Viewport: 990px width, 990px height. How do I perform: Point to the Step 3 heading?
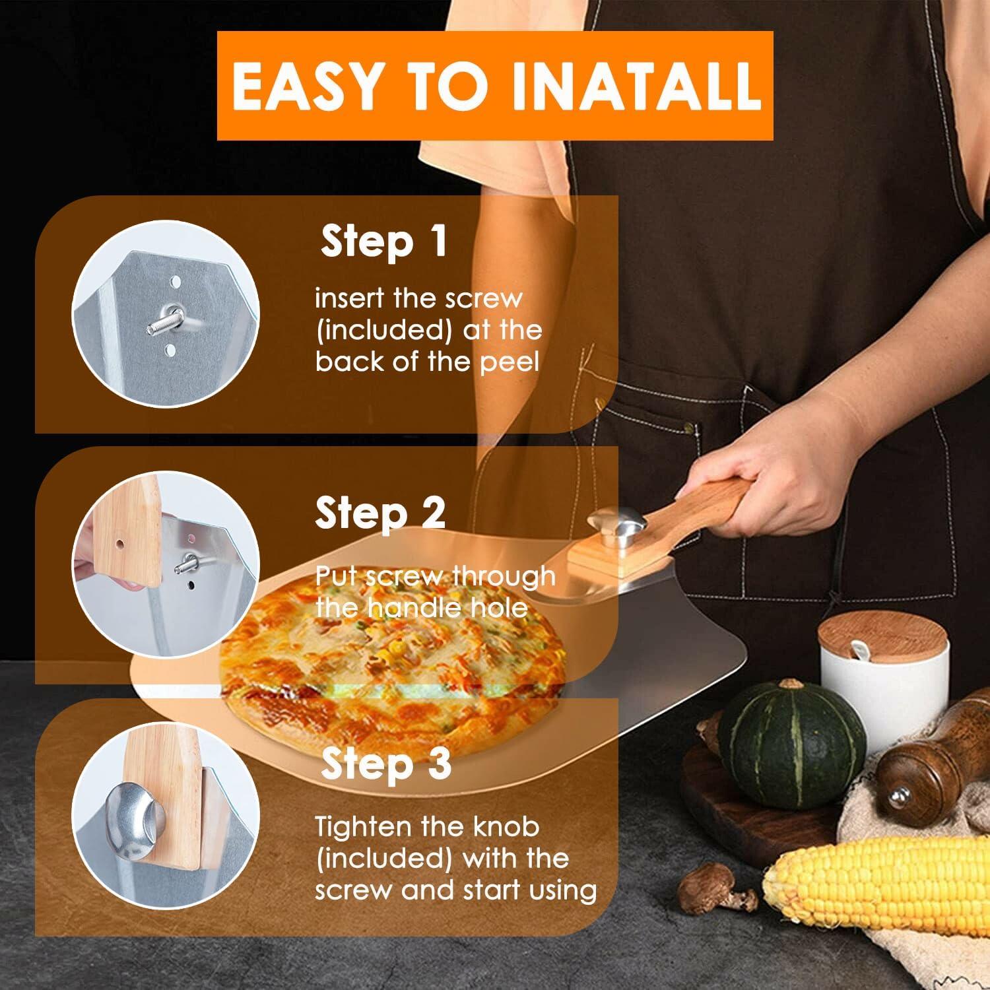386,764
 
